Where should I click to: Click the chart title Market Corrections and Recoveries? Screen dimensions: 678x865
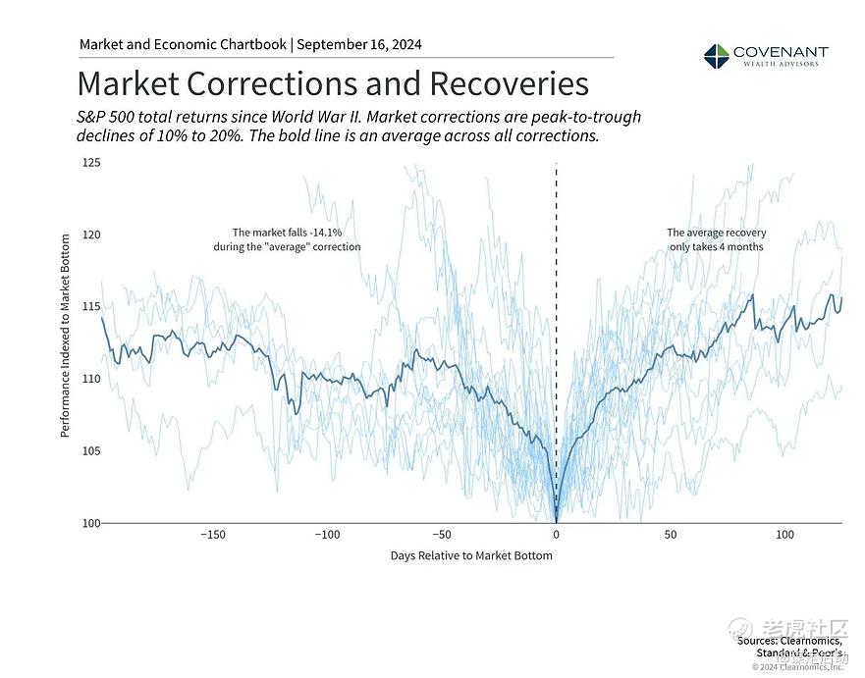pos(333,82)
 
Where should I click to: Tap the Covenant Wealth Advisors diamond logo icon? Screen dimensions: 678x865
pos(717,55)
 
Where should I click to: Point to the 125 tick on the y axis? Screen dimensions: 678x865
pos(91,162)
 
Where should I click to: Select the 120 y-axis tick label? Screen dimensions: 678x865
pos(91,235)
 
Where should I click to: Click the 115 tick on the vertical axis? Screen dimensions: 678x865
pos(91,307)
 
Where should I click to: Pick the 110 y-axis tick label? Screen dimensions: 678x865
pos(91,379)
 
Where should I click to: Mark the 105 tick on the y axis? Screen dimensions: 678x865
pos(91,451)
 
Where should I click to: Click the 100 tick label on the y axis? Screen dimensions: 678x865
pos(91,523)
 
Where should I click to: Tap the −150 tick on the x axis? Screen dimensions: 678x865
pos(213,535)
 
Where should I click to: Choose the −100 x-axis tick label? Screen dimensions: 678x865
pos(327,535)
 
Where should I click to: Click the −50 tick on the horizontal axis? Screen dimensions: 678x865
pos(442,535)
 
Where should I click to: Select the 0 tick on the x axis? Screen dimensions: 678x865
pos(557,535)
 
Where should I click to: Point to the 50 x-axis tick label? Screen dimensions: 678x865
pos(671,535)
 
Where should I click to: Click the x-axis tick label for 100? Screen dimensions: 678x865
pos(785,535)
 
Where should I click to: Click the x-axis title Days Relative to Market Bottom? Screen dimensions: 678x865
pos(471,556)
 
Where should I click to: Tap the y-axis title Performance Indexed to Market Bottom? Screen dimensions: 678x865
pos(66,336)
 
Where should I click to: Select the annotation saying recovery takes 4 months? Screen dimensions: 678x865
pos(716,240)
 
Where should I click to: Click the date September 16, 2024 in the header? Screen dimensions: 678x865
pos(359,45)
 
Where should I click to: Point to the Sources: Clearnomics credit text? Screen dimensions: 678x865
pos(789,640)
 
